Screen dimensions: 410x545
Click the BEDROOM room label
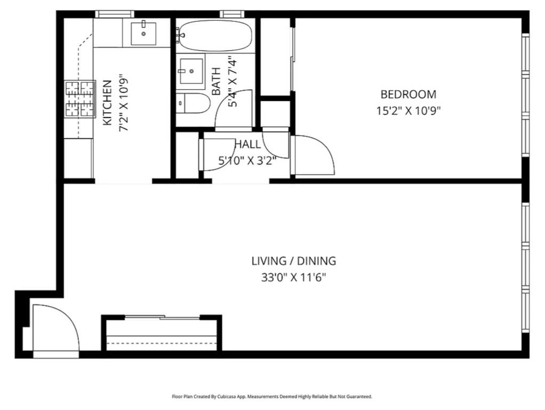click(408, 94)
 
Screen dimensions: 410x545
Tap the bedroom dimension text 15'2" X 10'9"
click(408, 111)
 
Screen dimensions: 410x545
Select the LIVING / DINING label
click(294, 261)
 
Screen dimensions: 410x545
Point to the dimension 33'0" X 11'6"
click(294, 278)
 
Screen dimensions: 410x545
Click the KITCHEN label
click(107, 103)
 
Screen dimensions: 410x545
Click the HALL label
click(248, 144)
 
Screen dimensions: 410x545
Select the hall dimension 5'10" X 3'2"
click(247, 160)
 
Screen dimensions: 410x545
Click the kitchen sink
click(143, 33)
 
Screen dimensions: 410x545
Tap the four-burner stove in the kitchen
click(79, 99)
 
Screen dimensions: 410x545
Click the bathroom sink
click(190, 72)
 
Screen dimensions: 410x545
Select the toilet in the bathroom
click(193, 103)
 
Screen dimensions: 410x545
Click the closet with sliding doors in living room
click(162, 334)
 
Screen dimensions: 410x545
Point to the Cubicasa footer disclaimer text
click(272, 397)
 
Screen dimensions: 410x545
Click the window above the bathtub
click(231, 14)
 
